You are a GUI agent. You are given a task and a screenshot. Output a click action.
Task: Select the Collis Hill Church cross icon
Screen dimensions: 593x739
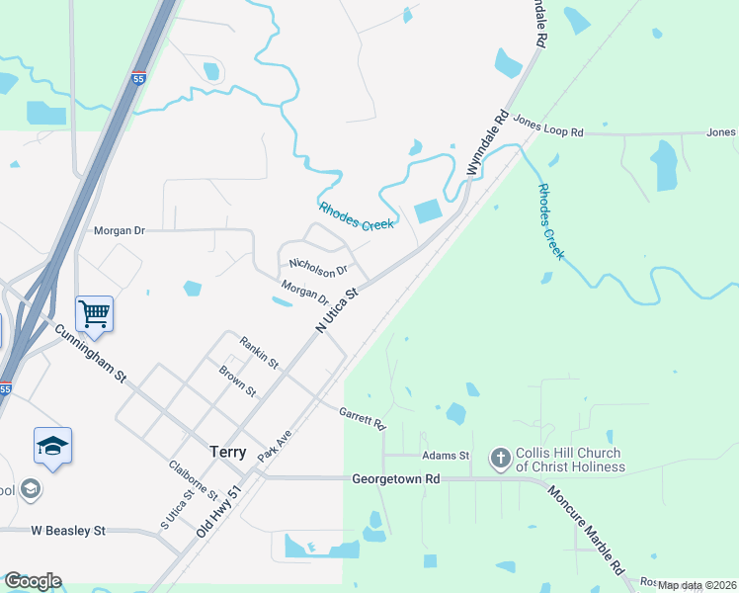(x=500, y=458)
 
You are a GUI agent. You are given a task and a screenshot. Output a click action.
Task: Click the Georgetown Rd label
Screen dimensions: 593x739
(x=395, y=478)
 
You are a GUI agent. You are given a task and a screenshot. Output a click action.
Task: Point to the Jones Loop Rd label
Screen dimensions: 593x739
(x=548, y=131)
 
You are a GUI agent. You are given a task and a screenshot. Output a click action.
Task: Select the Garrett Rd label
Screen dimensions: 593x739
(x=362, y=419)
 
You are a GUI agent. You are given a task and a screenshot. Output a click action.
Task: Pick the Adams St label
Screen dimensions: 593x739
(x=445, y=456)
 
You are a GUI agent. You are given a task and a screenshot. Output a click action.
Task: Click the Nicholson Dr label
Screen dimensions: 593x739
(x=318, y=266)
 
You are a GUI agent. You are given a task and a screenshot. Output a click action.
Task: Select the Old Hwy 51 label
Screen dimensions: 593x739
(x=218, y=511)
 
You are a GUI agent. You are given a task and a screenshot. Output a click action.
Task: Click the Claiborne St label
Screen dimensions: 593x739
(x=193, y=480)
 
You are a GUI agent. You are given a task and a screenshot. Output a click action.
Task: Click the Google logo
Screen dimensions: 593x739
(x=33, y=581)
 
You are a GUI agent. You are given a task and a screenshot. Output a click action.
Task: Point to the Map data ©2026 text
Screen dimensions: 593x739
(x=698, y=585)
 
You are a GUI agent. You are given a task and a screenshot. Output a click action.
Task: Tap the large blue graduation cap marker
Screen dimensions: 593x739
(x=52, y=446)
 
